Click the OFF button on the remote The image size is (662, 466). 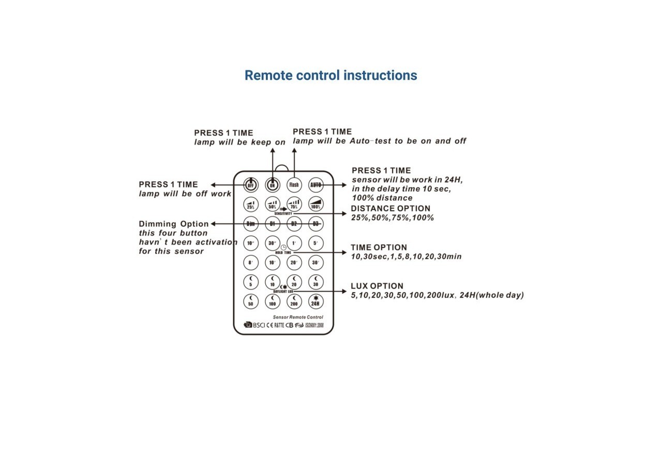(251, 184)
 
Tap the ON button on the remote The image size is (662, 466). (273, 184)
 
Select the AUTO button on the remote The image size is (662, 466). (315, 184)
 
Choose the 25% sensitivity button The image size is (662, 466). (251, 205)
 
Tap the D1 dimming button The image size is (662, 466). (273, 224)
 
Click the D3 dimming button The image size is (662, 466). (315, 224)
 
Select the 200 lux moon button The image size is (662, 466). (294, 301)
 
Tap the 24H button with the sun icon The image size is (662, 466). (315, 301)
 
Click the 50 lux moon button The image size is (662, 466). (251, 301)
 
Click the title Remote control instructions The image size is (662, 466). (330, 76)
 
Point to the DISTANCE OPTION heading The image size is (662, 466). (390, 209)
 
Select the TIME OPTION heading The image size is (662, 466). (379, 247)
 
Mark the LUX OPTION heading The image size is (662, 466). (377, 286)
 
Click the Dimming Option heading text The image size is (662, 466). (174, 224)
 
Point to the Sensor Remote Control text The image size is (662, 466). (298, 317)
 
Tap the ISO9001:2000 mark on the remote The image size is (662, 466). (314, 325)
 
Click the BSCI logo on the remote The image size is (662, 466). (254, 325)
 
